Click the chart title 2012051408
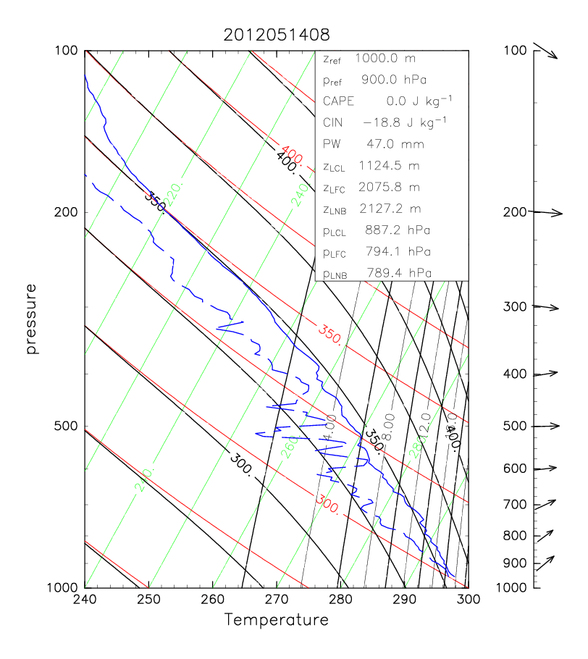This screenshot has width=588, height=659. [x=276, y=33]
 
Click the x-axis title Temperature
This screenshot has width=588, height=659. [x=276, y=620]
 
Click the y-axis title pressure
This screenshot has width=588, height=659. [x=31, y=319]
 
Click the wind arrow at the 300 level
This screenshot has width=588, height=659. [x=547, y=307]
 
